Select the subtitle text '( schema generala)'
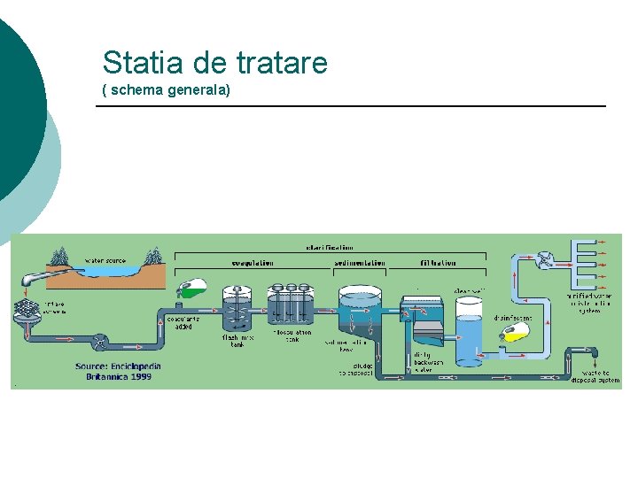[x=166, y=89]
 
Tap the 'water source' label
[x=105, y=260]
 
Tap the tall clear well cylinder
[x=468, y=329]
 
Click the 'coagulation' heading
[x=252, y=263]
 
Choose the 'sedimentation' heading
[x=360, y=263]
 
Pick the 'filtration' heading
[x=438, y=263]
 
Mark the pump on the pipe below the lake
[x=102, y=339]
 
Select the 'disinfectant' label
[x=513, y=316]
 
